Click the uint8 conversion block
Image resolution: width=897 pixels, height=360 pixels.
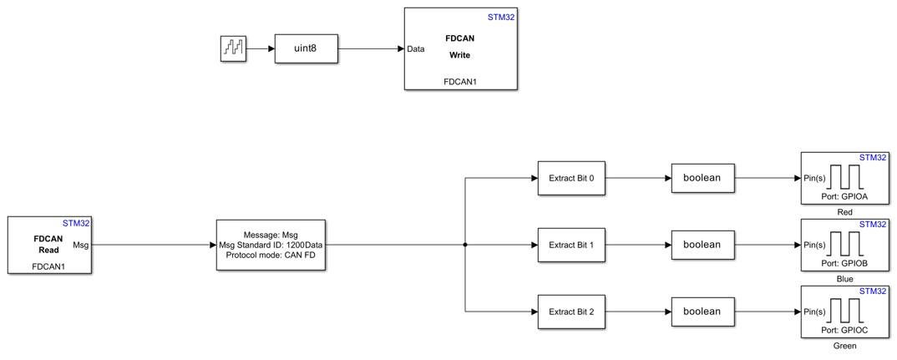306,48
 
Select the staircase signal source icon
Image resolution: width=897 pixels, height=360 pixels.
233,48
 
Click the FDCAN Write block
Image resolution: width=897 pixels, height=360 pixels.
459,48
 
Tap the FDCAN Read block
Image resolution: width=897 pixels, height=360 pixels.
48,245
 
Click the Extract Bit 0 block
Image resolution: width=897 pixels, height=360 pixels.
571,178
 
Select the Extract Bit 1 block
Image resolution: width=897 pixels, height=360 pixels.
571,245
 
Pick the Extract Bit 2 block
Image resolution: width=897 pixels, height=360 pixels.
571,312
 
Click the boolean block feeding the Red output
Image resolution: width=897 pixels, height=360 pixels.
702,178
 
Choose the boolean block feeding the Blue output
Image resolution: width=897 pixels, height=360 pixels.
702,245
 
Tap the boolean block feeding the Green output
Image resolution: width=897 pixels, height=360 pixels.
702,312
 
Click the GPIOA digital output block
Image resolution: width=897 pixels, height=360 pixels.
844,178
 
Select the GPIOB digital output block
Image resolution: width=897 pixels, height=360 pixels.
844,245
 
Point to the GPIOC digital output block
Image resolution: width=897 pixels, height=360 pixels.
844,312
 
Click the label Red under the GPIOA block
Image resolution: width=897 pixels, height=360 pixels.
844,212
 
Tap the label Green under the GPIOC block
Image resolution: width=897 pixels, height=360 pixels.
844,346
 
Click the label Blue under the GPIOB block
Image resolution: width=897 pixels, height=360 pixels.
844,279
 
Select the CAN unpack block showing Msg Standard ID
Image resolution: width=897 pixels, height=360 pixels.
271,245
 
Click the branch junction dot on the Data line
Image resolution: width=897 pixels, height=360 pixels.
465,245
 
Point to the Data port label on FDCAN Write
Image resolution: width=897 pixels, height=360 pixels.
416,48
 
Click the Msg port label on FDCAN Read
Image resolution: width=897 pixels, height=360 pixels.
81,245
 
